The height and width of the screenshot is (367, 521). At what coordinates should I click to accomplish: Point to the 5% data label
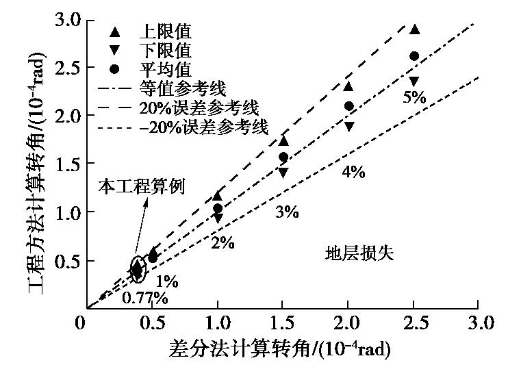click(414, 97)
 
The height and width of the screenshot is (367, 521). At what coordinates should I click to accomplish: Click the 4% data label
click(353, 172)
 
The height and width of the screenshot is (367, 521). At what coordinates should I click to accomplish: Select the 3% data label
click(287, 212)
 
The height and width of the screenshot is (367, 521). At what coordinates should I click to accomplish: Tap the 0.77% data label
click(145, 298)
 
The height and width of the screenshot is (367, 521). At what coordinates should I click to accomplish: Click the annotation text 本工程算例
click(142, 186)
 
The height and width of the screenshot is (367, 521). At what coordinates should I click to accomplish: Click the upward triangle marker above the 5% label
click(414, 29)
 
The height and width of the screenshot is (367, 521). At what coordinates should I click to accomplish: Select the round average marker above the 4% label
click(348, 106)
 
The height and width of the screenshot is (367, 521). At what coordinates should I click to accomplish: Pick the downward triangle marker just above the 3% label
click(283, 173)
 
